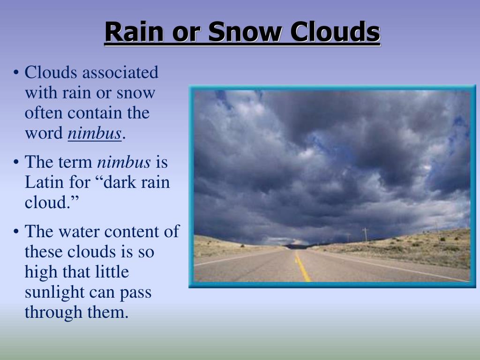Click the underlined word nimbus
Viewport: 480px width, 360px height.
[x=95, y=134]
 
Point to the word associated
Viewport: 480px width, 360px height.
[x=120, y=73]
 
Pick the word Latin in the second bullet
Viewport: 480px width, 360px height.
[x=42, y=182]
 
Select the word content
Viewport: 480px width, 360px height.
[x=130, y=232]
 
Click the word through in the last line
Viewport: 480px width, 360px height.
[x=52, y=312]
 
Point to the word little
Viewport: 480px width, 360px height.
[x=112, y=272]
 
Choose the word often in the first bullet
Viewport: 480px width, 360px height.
[x=44, y=113]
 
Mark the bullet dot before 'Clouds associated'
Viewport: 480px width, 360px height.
[x=16, y=74]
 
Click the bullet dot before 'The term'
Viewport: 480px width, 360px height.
[x=16, y=163]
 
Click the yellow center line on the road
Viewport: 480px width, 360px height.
[x=302, y=267]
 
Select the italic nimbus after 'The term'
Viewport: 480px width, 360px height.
[x=124, y=163]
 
